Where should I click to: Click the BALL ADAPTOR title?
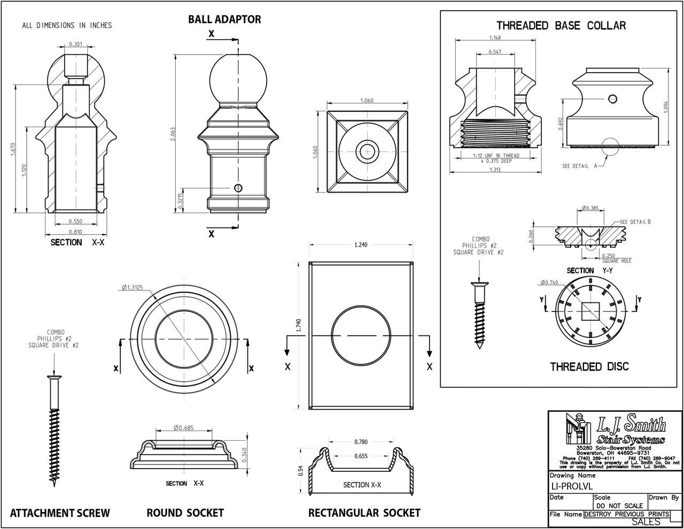click(x=224, y=19)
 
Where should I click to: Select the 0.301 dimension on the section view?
click(x=75, y=44)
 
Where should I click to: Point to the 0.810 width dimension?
click(x=75, y=231)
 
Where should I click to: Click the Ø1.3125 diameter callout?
click(x=131, y=288)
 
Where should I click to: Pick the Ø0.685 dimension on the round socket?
click(x=183, y=427)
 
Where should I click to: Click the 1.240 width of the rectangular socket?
click(x=361, y=244)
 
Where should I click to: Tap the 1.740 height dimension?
click(x=299, y=325)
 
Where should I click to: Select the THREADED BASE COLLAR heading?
click(x=561, y=25)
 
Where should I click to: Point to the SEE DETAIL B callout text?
click(x=635, y=221)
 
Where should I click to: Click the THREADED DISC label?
click(x=589, y=366)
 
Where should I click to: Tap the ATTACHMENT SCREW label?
click(x=60, y=513)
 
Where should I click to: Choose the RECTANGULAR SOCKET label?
click(x=364, y=513)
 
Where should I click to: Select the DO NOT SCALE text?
click(x=619, y=505)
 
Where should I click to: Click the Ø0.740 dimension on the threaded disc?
click(x=549, y=282)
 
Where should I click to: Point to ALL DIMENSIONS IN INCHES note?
click(x=67, y=25)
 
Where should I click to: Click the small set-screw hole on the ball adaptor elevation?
click(x=238, y=187)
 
